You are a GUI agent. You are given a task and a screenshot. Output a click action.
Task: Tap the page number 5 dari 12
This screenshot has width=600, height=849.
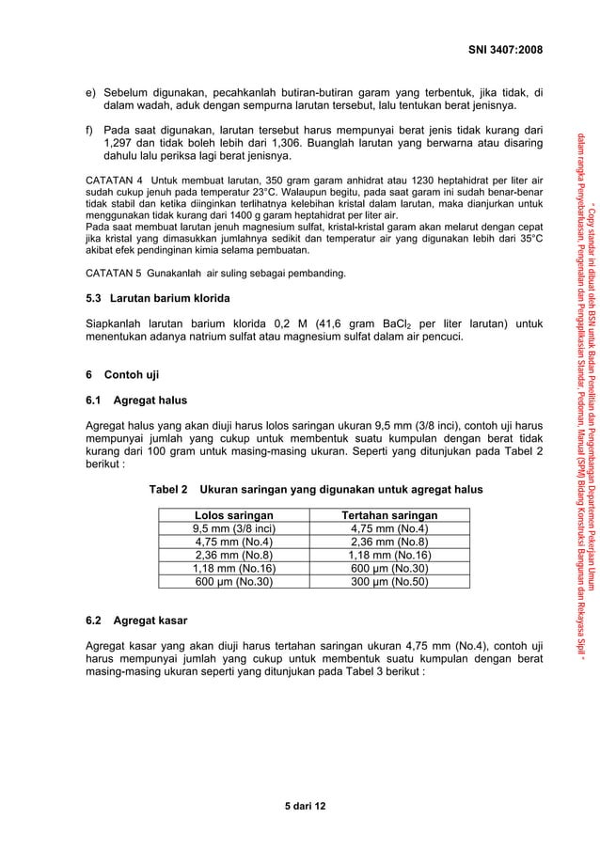click(x=300, y=807)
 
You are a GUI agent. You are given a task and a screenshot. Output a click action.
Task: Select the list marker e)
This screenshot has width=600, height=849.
click(x=91, y=92)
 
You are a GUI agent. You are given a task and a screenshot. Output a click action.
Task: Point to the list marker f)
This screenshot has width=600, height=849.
click(x=91, y=129)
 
